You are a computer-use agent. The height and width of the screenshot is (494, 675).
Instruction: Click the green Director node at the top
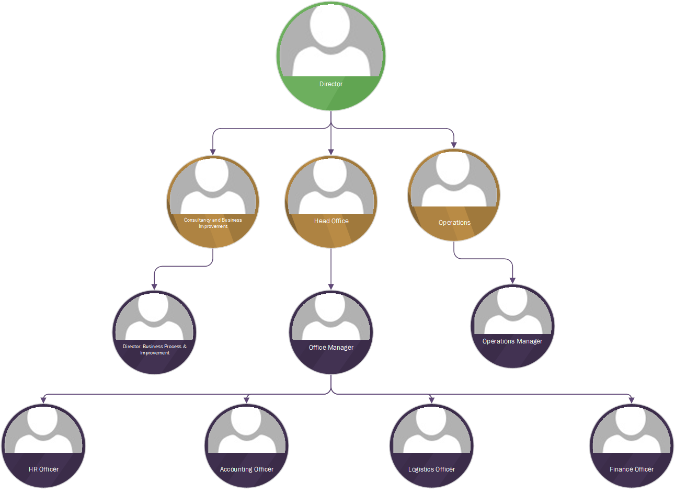(330, 56)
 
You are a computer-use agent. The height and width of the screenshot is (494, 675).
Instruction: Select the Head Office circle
(331, 202)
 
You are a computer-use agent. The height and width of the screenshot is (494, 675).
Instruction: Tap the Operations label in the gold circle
(454, 223)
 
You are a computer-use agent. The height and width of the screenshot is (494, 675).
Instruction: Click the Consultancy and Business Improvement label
(213, 223)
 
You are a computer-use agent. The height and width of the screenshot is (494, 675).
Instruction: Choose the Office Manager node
(331, 332)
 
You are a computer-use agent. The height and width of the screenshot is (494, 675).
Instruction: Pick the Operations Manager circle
(512, 326)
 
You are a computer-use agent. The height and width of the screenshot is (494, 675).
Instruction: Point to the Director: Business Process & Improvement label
(155, 350)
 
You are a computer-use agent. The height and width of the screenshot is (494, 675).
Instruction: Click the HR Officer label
(43, 469)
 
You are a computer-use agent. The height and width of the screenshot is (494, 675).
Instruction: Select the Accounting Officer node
(247, 446)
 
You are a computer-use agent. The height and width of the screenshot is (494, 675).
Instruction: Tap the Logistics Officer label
(431, 469)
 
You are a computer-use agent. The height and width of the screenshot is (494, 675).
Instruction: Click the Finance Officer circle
(631, 446)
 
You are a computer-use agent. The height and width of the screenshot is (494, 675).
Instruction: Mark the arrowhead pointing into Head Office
(331, 152)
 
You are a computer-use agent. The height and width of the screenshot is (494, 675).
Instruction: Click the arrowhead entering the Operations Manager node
(512, 280)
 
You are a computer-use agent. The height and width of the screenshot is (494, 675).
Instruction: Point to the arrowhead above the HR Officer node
(43, 400)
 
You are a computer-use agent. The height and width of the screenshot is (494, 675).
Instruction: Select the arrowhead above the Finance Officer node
(631, 400)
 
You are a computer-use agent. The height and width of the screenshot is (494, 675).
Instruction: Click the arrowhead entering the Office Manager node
(331, 286)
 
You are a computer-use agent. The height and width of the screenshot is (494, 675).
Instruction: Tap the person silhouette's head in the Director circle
(330, 25)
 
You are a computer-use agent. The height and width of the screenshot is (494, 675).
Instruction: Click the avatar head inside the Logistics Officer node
(431, 421)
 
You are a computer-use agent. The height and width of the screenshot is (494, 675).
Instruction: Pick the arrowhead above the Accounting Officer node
(247, 400)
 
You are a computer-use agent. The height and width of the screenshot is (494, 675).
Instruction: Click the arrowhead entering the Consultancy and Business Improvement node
(213, 152)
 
